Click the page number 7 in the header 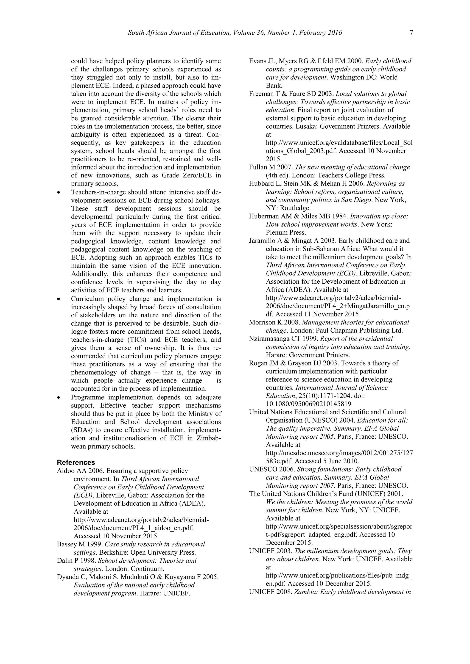[411, 33]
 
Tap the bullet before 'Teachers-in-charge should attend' [59, 193]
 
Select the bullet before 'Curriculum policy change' [59, 299]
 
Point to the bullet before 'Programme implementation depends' [59, 398]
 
